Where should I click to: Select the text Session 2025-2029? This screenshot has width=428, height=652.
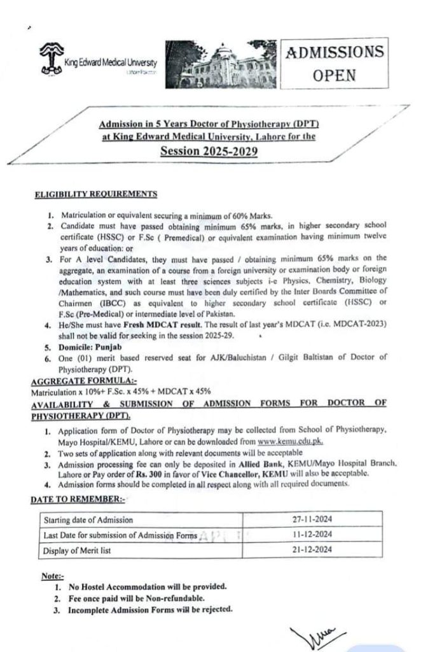tap(211, 152)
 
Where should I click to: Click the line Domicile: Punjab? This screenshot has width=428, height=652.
tap(91, 348)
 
